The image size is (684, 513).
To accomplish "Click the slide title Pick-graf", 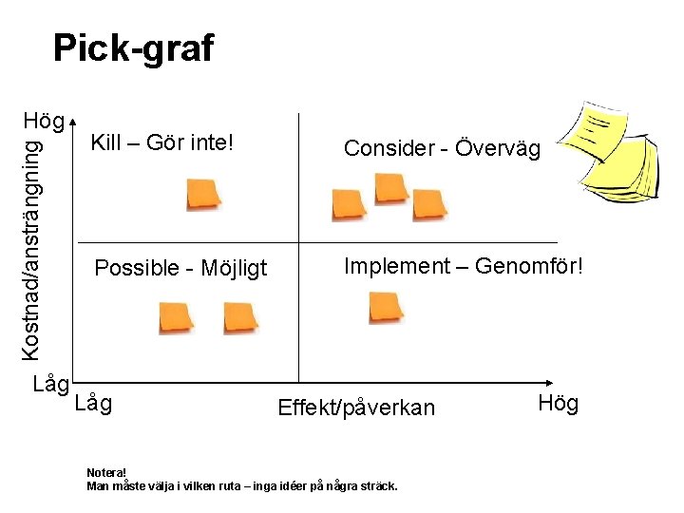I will tap(133, 47).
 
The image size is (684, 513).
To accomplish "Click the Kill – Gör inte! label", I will tap(161, 143).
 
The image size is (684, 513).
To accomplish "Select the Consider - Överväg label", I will tap(442, 148).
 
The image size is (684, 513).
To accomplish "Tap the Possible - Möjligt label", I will tap(180, 268).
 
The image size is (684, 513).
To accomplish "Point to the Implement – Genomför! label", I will tap(462, 266).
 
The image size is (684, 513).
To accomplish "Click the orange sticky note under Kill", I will tap(204, 193).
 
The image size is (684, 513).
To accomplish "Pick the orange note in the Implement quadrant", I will tap(386, 307).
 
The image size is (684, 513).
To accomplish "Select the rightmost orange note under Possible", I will tap(240, 317).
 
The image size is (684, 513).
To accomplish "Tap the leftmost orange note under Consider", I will tap(349, 204).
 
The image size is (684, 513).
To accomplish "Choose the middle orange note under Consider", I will tap(390, 187).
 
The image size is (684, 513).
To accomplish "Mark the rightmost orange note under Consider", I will tap(429, 204).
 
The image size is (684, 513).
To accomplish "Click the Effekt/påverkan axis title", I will tap(355, 408).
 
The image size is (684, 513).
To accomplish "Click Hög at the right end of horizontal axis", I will tap(558, 404).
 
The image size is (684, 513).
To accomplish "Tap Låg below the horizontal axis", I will tap(92, 404).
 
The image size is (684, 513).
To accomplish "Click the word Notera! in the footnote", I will tap(105, 472).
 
